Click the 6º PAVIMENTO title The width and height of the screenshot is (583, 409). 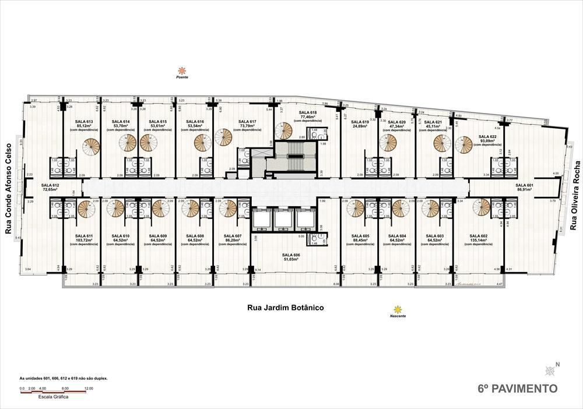pyautogui.click(x=517, y=388)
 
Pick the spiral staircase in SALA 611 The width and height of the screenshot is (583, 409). pyautogui.click(x=86, y=209)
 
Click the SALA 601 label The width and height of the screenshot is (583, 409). pyautogui.click(x=524, y=185)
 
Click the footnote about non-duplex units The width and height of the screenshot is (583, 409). pyautogui.click(x=64, y=378)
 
